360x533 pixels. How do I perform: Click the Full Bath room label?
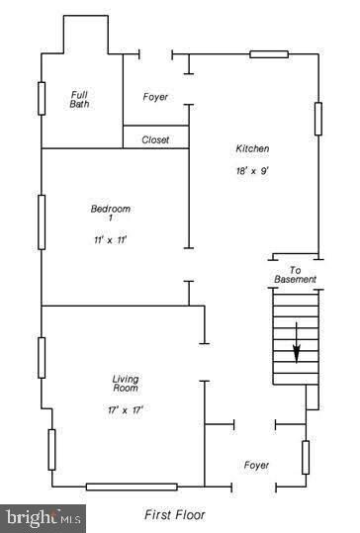click(x=79, y=100)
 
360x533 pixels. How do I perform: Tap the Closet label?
click(x=155, y=139)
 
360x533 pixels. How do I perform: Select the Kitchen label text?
click(x=252, y=148)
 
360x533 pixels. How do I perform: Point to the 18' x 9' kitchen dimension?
click(x=252, y=171)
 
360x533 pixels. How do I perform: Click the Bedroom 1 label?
click(x=111, y=213)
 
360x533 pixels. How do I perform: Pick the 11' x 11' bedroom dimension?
click(x=111, y=240)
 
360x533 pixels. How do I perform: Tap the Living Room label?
click(x=126, y=384)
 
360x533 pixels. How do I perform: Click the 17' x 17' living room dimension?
click(x=126, y=410)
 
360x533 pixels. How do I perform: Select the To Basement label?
click(x=295, y=275)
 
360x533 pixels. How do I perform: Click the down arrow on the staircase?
click(x=297, y=342)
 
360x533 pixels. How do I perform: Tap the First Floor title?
click(x=175, y=514)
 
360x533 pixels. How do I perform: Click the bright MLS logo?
click(x=43, y=519)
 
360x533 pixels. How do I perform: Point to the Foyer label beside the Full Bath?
click(x=155, y=97)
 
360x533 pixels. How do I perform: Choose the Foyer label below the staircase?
click(x=256, y=465)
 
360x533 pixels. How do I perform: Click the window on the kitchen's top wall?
click(x=269, y=54)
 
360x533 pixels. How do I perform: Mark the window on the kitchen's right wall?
click(x=318, y=119)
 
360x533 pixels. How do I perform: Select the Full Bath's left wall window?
click(x=42, y=99)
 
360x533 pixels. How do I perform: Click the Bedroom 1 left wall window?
click(x=42, y=222)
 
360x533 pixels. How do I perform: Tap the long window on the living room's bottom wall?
click(x=132, y=487)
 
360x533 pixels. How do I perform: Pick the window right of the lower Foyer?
click(x=306, y=458)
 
